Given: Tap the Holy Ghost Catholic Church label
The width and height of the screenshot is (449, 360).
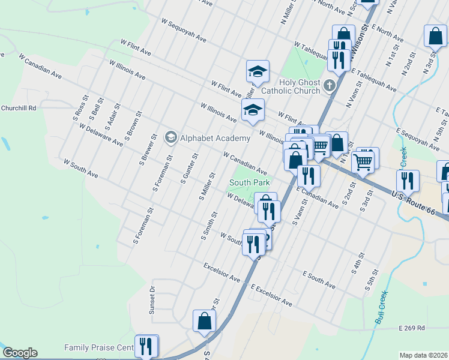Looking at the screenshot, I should (300, 86).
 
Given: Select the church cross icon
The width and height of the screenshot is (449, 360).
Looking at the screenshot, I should (329, 86).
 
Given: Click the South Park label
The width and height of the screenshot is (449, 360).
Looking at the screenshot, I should (249, 182).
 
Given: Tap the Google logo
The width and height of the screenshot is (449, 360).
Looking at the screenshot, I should (20, 353).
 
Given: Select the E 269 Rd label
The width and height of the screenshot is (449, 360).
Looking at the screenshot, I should (411, 328).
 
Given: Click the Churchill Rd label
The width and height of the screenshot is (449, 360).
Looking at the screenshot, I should (19, 108).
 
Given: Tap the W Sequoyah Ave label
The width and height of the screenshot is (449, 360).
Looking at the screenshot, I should (184, 30).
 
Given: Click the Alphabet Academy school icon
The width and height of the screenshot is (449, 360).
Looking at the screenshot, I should (171, 138).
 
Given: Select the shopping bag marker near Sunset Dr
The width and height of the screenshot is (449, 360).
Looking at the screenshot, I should (204, 321).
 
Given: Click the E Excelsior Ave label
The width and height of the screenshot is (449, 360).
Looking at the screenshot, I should (272, 296).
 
